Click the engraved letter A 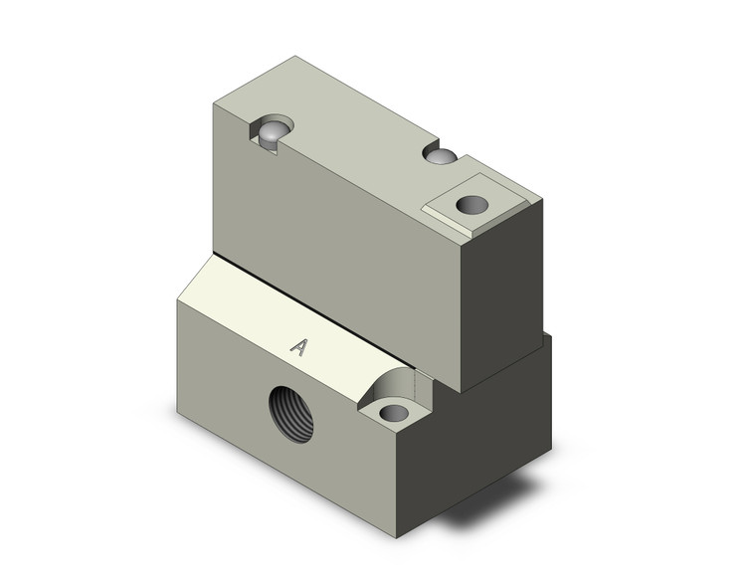(297, 346)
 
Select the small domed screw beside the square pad (440, 156)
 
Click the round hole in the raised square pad (472, 205)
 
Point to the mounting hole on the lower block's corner (395, 412)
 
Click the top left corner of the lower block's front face (178, 299)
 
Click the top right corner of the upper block (542, 198)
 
